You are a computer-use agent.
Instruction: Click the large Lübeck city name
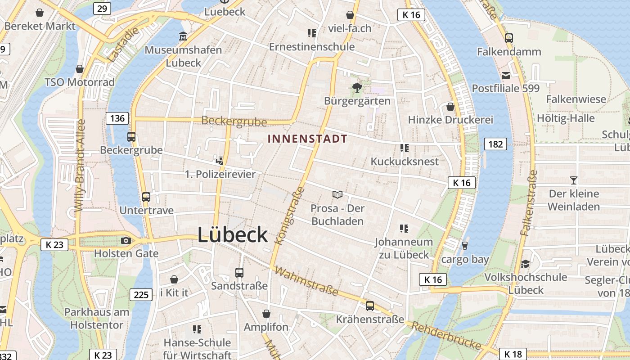(233, 235)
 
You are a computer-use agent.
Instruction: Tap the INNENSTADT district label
(307, 139)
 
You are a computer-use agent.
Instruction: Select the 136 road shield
(117, 118)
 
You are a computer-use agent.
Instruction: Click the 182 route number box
(495, 144)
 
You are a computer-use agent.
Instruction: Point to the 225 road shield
(141, 295)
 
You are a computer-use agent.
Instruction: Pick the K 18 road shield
(513, 354)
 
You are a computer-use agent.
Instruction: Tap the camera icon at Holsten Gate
(126, 241)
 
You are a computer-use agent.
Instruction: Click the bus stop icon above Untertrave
(146, 197)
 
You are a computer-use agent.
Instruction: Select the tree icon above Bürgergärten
(357, 87)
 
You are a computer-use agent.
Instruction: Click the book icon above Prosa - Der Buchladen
(337, 194)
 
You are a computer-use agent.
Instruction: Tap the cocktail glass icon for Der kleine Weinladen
(574, 180)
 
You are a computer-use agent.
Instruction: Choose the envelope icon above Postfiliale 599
(506, 75)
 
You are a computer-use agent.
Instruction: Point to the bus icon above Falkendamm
(509, 38)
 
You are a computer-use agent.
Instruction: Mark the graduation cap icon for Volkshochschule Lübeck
(525, 264)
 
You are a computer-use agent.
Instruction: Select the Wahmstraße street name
(306, 281)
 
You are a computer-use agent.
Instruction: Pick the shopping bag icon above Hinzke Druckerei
(450, 107)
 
